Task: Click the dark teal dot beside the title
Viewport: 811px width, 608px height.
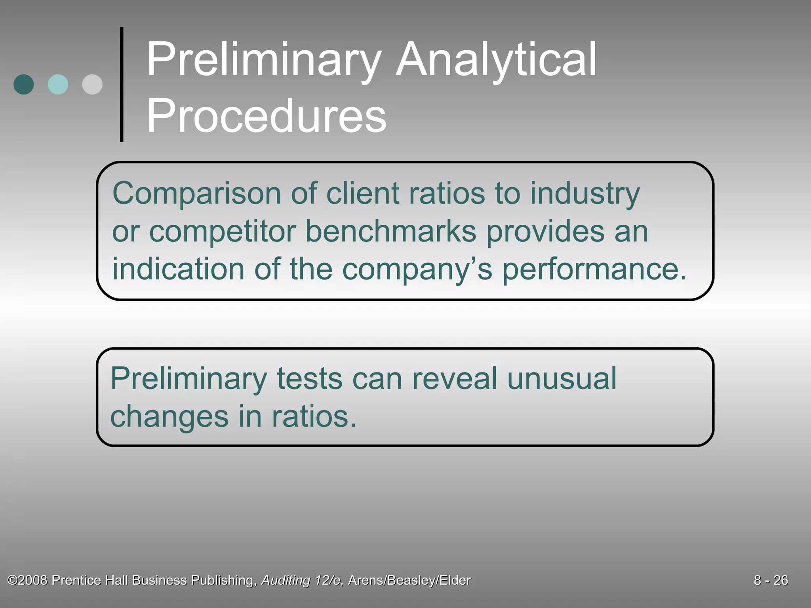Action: tap(24, 84)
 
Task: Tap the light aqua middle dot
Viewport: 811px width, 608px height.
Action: tap(58, 84)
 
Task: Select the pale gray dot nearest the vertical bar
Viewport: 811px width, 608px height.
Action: tap(92, 84)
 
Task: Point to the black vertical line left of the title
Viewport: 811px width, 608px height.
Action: tap(122, 84)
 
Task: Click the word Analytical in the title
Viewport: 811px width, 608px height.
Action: tap(496, 61)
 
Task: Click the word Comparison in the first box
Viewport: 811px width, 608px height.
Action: tap(196, 194)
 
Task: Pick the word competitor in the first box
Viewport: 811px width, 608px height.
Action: tap(222, 232)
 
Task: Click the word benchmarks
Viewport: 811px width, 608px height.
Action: tap(391, 231)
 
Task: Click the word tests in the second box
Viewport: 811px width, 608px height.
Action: tap(309, 379)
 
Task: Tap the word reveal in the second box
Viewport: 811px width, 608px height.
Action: tap(454, 378)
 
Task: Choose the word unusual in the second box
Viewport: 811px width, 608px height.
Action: tap(562, 378)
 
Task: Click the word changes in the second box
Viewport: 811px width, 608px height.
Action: tap(169, 417)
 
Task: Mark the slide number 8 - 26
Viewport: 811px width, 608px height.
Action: tap(771, 580)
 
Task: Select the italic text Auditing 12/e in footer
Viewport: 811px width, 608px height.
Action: tap(302, 580)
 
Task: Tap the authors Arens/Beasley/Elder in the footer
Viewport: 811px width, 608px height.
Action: tap(409, 580)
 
